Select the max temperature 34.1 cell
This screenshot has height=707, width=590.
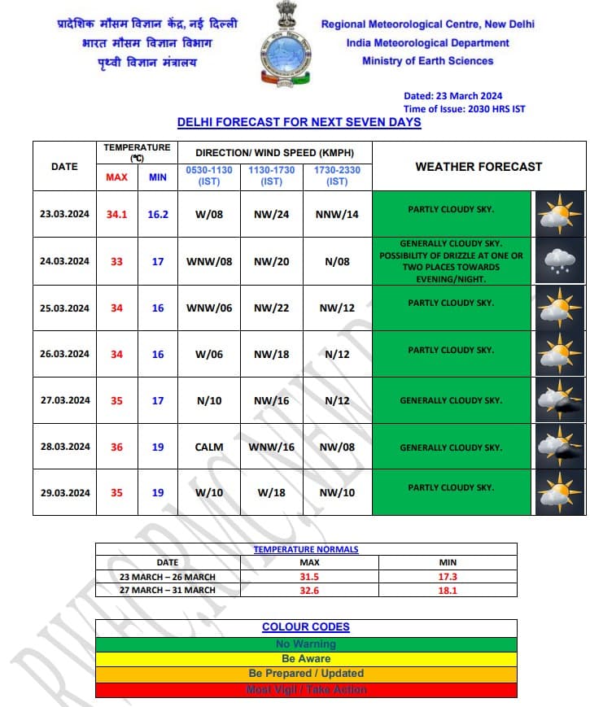click(x=116, y=214)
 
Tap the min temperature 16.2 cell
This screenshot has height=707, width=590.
click(x=158, y=214)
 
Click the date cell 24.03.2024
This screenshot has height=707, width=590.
click(x=64, y=261)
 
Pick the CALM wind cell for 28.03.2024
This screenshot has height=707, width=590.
click(x=209, y=447)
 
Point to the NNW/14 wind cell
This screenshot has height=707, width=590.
click(x=337, y=214)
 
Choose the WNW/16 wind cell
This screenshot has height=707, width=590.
click(x=271, y=447)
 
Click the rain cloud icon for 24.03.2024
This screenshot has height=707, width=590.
click(x=558, y=260)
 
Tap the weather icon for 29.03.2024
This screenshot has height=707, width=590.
click(x=558, y=492)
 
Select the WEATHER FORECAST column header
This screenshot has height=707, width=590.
click(x=479, y=166)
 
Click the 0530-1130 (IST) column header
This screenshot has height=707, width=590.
click(x=209, y=176)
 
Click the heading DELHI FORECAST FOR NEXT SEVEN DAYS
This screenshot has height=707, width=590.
click(x=299, y=122)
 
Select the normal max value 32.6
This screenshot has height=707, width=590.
click(x=309, y=590)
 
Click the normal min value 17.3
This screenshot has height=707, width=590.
click(x=448, y=576)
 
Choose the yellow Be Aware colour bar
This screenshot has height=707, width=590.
click(x=306, y=658)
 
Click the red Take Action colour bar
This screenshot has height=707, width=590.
click(x=306, y=690)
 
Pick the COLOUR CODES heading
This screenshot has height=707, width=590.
click(x=306, y=627)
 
